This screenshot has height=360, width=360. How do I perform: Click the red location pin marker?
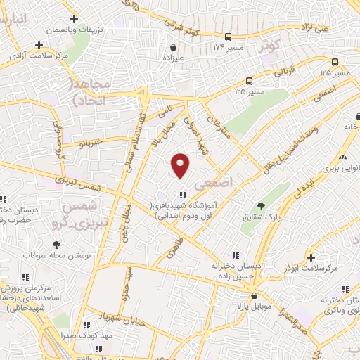point(181,165)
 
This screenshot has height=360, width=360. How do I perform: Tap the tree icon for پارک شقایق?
point(261,206)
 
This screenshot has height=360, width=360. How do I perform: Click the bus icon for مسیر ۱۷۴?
point(228,37)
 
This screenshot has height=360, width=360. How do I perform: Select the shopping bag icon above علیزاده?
point(173,49)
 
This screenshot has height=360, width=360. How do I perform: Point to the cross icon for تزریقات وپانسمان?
point(73,19)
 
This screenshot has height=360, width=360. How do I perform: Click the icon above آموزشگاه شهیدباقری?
point(183,195)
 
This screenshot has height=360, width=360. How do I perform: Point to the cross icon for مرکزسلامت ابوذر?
point(311,258)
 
